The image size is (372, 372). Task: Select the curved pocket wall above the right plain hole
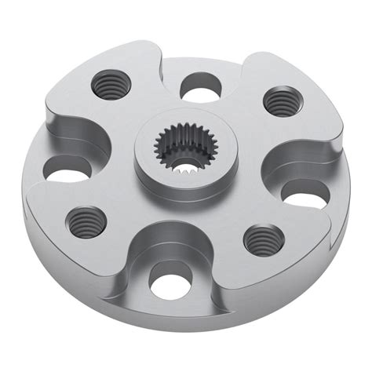click(294, 161)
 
